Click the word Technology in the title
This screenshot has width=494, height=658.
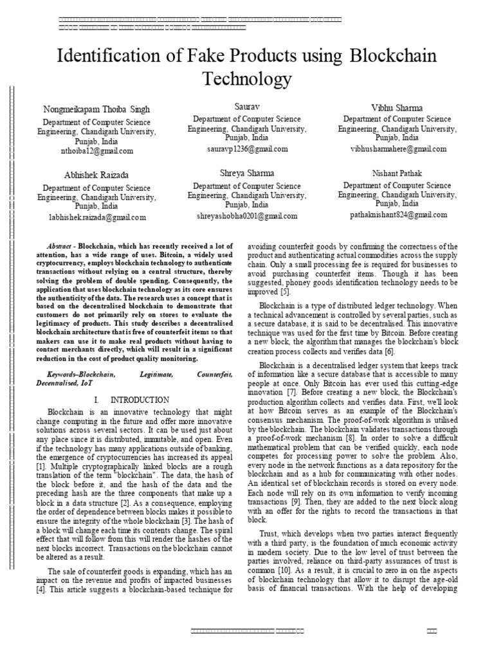pyautogui.click(x=247, y=79)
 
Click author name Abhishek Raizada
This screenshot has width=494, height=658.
pyautogui.click(x=96, y=175)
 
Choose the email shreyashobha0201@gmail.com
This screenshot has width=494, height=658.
pyautogui.click(x=246, y=216)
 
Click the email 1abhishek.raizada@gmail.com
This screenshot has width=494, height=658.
pyautogui.click(x=97, y=217)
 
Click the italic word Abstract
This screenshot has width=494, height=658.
pyautogui.click(x=62, y=247)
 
